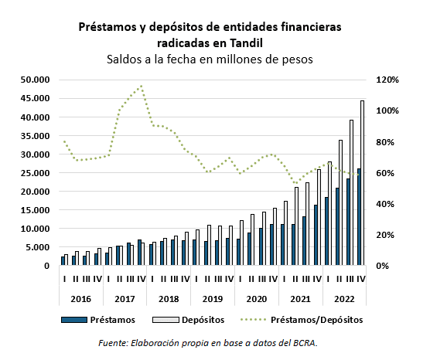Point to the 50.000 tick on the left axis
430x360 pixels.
click(34, 80)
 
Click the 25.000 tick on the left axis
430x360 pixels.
click(34, 173)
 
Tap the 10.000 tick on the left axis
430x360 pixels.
click(34, 229)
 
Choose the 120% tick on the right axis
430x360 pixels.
click(387, 80)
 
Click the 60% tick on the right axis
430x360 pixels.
click(387, 173)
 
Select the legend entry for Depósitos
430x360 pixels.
click(198, 318)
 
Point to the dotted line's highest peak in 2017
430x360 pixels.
click(142, 87)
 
